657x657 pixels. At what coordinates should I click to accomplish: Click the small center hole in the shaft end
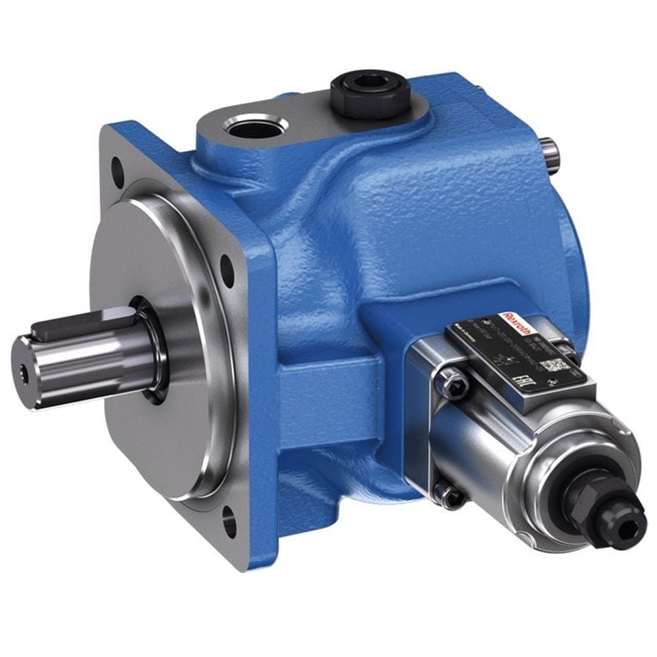click(25, 373)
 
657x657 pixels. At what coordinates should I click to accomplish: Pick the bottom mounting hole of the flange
click(229, 524)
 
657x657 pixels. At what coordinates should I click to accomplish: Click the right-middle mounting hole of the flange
click(227, 270)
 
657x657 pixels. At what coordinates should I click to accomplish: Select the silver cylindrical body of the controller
click(499, 447)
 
